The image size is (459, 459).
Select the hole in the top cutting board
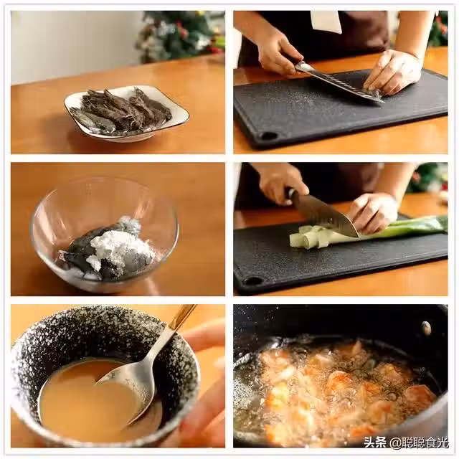[x=269, y=136]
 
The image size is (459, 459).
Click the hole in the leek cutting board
[x=252, y=281]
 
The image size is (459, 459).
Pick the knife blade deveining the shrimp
[x=339, y=82]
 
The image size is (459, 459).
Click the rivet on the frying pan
[x=426, y=328]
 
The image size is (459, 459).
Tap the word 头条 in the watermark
[x=375, y=442]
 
